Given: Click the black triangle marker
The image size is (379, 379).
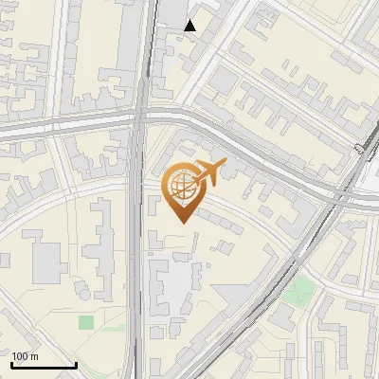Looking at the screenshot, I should [x=190, y=26].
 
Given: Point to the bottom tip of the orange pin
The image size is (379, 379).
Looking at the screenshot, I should [x=181, y=223].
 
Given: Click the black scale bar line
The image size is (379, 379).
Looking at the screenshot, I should [x=44, y=365].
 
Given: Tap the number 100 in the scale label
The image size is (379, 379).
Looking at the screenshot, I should [x=21, y=356].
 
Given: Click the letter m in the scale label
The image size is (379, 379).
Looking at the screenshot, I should [x=35, y=356].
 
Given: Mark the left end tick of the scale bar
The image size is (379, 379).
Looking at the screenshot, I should [x=11, y=364].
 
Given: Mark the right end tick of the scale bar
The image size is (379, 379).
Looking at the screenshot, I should [x=76, y=364].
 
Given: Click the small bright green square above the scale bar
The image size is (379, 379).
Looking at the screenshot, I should [x=86, y=322].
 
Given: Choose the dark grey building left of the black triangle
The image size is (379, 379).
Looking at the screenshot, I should [x=171, y=12].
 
